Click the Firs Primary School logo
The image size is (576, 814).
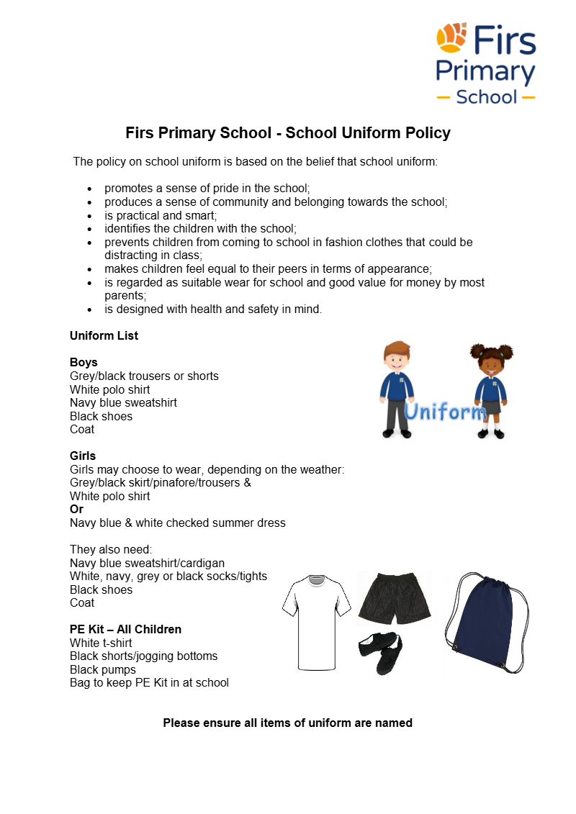click(486, 63)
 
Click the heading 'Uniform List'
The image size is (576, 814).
click(104, 335)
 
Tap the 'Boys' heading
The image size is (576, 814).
click(84, 362)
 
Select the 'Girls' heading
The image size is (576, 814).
click(83, 456)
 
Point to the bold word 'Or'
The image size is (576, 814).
click(76, 509)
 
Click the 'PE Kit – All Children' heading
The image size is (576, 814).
click(125, 629)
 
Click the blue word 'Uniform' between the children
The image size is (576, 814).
click(444, 412)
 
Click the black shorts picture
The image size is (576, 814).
click(394, 599)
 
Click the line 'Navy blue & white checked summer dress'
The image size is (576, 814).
click(177, 523)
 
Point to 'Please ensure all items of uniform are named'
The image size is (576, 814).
click(287, 723)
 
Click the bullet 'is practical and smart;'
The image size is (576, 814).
click(161, 215)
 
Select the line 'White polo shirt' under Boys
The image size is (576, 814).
click(109, 389)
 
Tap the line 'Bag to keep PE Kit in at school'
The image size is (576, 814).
click(149, 682)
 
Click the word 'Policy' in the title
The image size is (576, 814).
click(427, 133)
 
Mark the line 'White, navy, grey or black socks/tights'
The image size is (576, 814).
click(168, 576)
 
